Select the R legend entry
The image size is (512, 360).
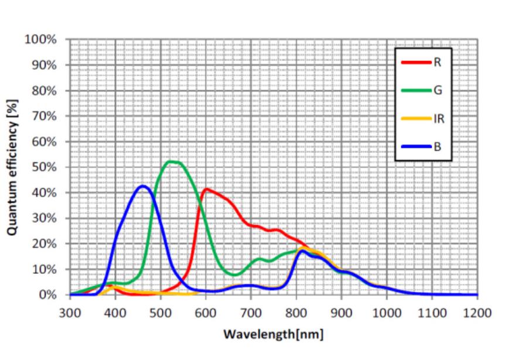(422, 63)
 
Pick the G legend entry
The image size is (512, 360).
(422, 90)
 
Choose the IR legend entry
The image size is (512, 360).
(422, 118)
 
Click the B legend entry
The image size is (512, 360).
(422, 146)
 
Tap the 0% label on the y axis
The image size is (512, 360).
(47, 295)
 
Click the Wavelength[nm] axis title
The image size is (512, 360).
(273, 335)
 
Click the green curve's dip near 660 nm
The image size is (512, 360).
(387, 274)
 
